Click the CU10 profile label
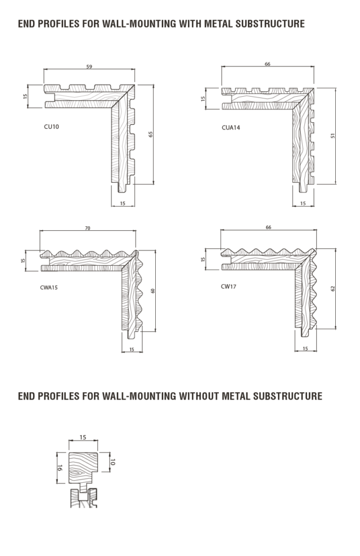pos(51,127)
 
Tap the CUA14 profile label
pos(231,128)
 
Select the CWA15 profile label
pos(49,288)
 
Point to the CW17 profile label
pos(228,286)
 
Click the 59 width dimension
pos(89,66)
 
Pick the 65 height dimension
pos(150,134)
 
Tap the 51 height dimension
pos(332,136)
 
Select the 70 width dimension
pos(88,228)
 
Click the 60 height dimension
pos(152,291)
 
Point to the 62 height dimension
pos(332,289)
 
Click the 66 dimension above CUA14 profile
pos(268,64)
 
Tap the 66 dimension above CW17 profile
pos(268,227)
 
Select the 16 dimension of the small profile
pos(60,468)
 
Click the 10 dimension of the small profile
pos(112,462)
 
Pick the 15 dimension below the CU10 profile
pos(123,204)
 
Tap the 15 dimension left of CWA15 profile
pos(23,261)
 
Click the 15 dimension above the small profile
pos(83,437)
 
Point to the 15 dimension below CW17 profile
pos(305,349)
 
